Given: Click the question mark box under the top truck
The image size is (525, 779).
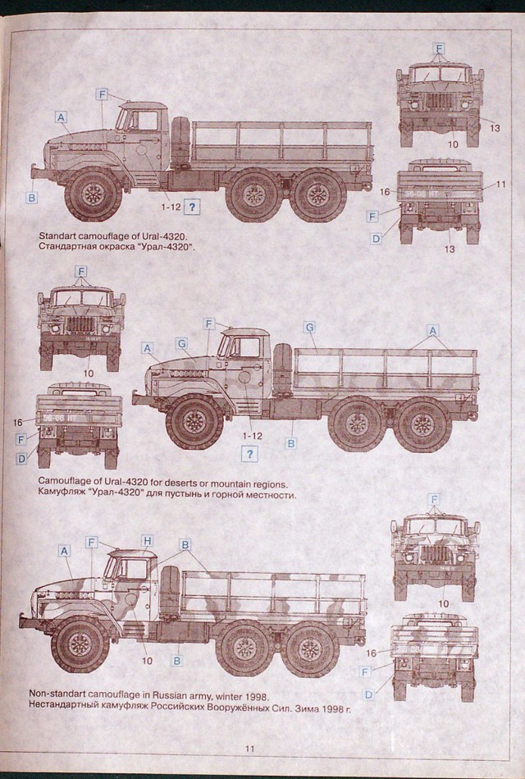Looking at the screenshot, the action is [192, 208].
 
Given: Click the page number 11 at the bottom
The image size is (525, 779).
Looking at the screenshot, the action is [250, 748].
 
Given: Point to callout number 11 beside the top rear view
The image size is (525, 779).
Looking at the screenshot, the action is [501, 184].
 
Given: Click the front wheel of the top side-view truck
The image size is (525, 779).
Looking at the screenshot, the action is [94, 195].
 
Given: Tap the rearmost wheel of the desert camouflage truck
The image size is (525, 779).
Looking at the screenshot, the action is [422, 424].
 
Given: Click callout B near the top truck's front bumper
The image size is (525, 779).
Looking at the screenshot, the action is [31, 198].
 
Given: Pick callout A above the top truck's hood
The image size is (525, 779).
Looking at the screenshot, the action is [62, 117].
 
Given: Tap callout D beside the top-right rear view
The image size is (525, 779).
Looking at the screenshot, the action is [376, 239].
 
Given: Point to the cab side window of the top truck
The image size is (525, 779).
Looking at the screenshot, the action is [147, 121].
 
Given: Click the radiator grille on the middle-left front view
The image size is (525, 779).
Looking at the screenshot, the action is [80, 323].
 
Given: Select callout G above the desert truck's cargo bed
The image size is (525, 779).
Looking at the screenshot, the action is [309, 327].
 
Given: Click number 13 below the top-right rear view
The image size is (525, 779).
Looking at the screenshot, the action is [450, 249].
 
